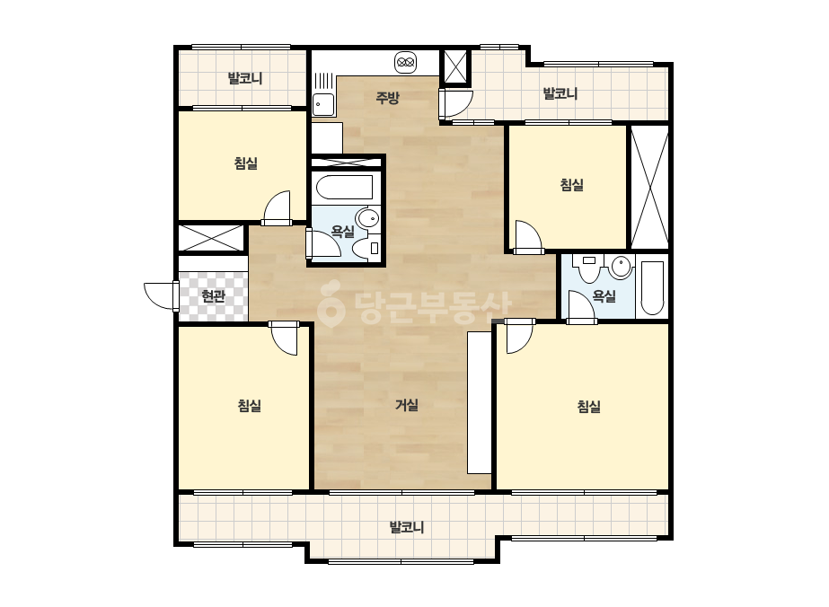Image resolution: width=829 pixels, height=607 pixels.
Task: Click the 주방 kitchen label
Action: tap(387, 98)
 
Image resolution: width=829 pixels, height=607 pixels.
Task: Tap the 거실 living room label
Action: tap(407, 405)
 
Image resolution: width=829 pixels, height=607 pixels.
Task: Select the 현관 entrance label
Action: tap(214, 296)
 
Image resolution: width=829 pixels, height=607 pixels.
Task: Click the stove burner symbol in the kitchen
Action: tap(405, 62)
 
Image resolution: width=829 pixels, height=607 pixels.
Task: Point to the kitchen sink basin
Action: tap(323, 104)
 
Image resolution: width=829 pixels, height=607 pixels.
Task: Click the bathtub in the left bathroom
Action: tap(344, 187)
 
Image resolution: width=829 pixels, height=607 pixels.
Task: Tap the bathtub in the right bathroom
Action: tap(652, 288)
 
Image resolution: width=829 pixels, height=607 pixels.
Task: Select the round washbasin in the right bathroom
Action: tap(621, 267)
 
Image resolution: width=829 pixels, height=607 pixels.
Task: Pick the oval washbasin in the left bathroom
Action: tap(368, 217)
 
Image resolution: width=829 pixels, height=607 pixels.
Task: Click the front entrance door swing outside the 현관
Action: tap(161, 296)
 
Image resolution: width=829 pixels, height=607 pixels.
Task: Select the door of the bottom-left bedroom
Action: tap(284, 338)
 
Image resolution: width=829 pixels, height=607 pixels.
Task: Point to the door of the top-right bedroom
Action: tap(528, 237)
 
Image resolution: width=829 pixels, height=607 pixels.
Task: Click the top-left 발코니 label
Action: tap(245, 79)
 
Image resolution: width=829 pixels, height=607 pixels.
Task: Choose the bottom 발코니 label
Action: tap(407, 528)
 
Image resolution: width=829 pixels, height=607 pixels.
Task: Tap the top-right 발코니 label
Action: tap(560, 94)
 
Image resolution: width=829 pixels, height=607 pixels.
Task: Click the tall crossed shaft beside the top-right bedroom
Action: tap(649, 187)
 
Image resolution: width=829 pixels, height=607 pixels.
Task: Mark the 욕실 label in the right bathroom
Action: tap(604, 296)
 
